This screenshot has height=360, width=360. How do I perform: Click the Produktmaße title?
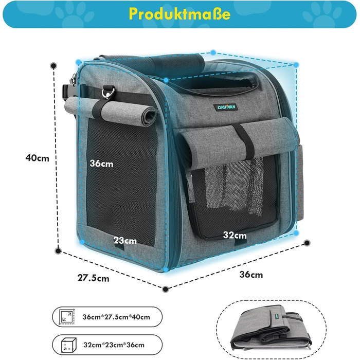(x=180, y=14)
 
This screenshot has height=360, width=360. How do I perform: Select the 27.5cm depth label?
(x=94, y=278)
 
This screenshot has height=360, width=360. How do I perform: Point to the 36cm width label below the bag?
(x=251, y=275)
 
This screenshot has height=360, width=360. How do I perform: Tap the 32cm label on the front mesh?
(x=235, y=235)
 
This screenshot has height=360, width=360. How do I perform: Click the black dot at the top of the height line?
(x=54, y=66)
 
